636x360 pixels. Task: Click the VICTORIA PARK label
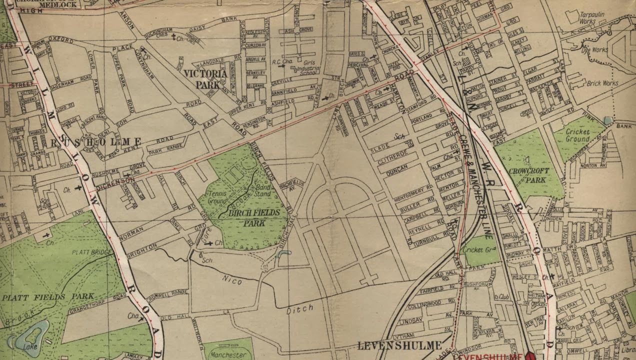click(x=205, y=79)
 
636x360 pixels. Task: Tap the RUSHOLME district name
click(x=96, y=142)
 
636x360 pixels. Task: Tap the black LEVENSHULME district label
click(x=400, y=345)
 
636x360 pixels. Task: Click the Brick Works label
click(x=602, y=83)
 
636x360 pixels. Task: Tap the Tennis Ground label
click(x=217, y=197)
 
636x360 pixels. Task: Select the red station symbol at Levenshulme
click(x=530, y=355)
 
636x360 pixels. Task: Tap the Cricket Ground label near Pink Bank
click(x=578, y=135)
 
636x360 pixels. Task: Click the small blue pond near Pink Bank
click(x=607, y=120)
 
